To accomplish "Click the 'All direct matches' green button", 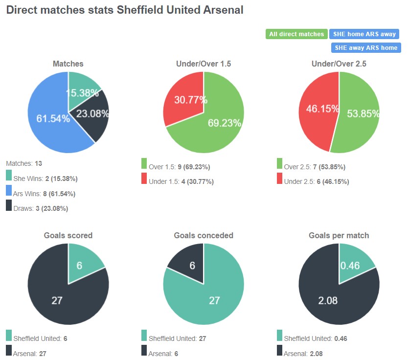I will pos(296,34).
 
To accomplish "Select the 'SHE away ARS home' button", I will pos(365,48).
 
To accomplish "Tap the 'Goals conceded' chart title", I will pos(204,235).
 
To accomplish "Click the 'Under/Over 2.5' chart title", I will pos(339,64).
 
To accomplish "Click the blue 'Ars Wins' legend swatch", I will pos(9,191).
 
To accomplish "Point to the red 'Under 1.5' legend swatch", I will pos(144,179).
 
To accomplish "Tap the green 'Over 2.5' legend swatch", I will pos(279,163).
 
